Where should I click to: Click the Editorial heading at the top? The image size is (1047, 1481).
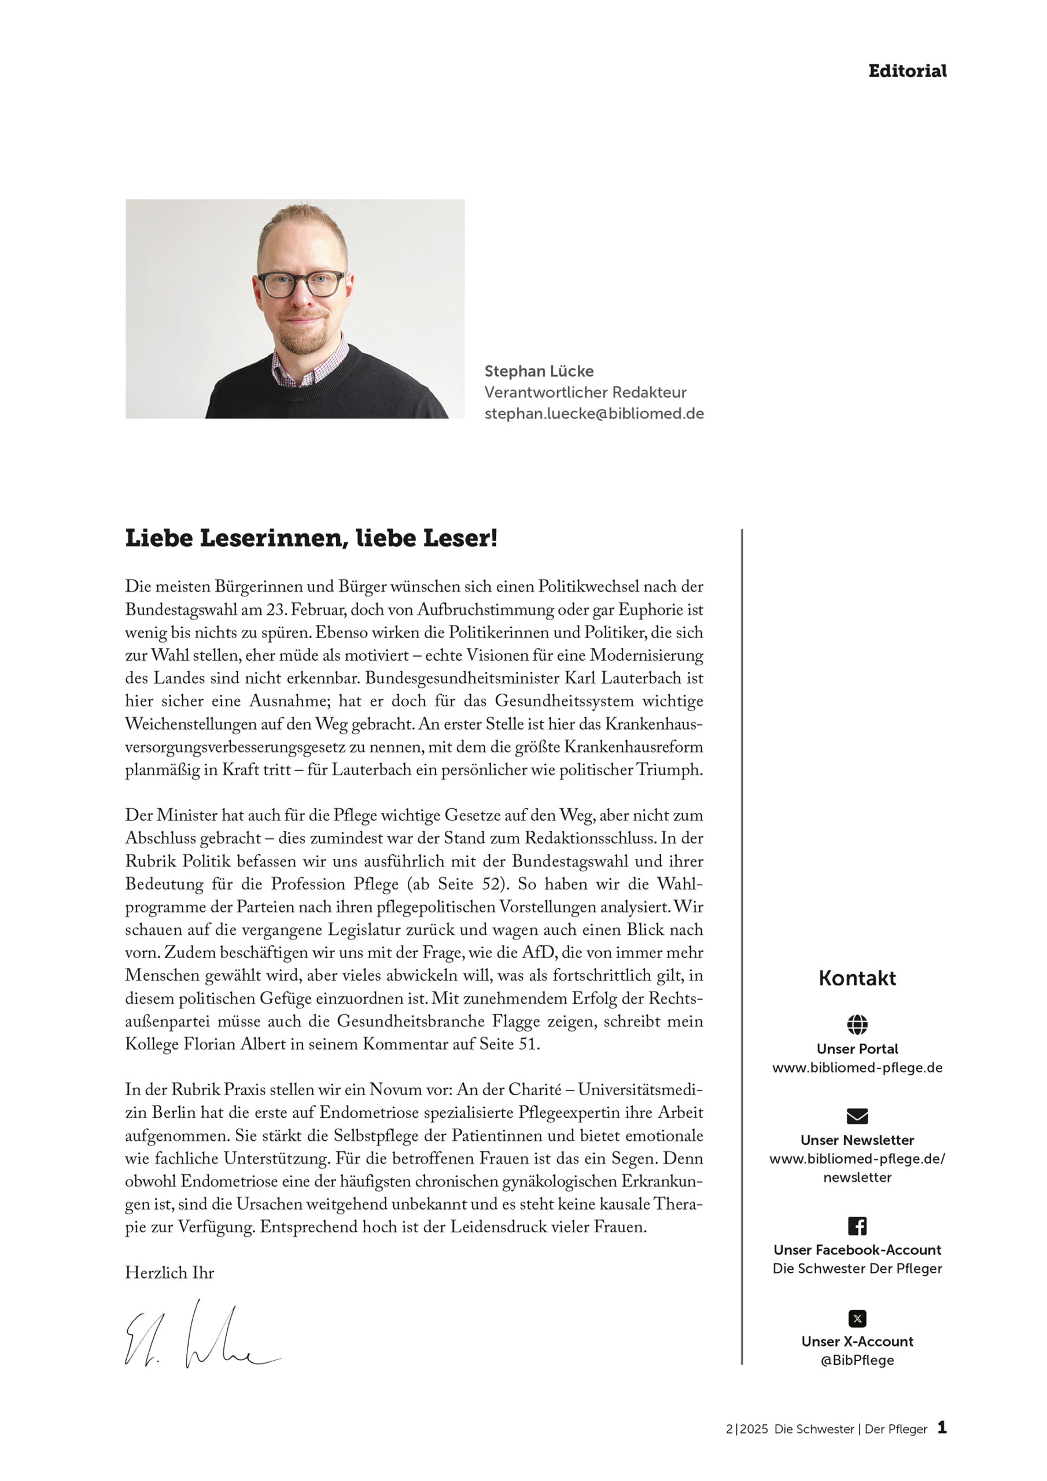(x=907, y=71)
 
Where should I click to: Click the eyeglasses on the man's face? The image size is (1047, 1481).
(x=301, y=284)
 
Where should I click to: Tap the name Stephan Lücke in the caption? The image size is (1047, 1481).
(x=539, y=371)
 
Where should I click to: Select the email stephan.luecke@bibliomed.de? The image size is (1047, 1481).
(x=593, y=414)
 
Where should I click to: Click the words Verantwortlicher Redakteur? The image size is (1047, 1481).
(x=585, y=392)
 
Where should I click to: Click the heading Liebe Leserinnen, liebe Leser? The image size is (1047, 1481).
(x=311, y=538)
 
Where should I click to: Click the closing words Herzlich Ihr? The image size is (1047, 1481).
(x=169, y=1273)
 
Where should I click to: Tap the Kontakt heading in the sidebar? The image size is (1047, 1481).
(x=857, y=978)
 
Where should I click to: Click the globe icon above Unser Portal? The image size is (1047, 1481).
(x=857, y=1025)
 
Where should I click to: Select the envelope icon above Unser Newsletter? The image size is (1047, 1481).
(x=857, y=1116)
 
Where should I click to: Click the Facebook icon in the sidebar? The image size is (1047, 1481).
(x=857, y=1225)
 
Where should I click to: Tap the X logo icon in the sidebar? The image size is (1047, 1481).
(x=857, y=1318)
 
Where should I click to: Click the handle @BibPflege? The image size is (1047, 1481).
(x=857, y=1360)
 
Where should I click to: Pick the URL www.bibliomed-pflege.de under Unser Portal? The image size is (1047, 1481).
(x=857, y=1067)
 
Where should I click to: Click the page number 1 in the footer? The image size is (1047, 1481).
(x=942, y=1427)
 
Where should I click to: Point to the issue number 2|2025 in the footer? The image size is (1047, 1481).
(x=746, y=1429)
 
